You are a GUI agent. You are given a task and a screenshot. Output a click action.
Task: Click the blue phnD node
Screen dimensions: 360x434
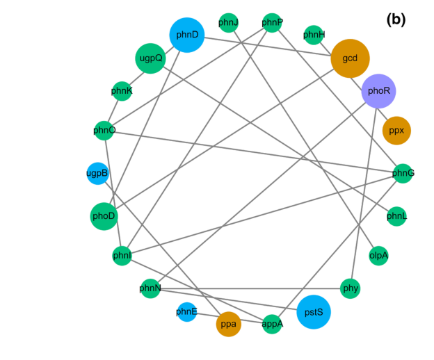point(186,35)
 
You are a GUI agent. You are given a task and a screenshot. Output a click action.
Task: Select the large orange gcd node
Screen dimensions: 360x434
point(350,58)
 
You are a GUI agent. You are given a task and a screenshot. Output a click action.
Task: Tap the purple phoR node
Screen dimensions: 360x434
point(378,91)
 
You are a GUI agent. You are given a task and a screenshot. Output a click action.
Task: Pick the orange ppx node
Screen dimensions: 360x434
point(396,130)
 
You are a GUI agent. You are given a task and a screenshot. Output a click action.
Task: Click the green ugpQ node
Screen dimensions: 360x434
point(150,58)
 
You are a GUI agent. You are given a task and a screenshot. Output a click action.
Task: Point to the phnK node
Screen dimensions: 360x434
point(122,91)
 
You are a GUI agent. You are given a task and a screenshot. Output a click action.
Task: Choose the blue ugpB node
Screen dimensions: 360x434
point(97,172)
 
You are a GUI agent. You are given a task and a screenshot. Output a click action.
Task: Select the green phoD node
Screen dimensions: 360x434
point(104,216)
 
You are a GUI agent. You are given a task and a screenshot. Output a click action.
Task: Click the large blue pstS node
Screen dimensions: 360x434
point(314,312)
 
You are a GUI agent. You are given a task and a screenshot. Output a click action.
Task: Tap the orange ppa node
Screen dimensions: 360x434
point(228,324)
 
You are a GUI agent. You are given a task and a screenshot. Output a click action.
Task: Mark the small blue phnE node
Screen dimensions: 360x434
point(186,312)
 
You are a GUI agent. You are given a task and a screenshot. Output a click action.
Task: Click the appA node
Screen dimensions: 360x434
point(272,324)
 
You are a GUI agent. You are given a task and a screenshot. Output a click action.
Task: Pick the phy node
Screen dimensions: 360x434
point(351,288)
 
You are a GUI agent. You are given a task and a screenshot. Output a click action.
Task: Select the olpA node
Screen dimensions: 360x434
point(378,255)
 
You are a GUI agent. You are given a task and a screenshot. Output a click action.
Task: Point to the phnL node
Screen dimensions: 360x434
point(396,216)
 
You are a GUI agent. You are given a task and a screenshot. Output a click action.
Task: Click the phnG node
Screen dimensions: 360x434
point(403,172)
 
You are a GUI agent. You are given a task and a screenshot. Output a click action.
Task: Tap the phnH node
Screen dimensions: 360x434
point(314,35)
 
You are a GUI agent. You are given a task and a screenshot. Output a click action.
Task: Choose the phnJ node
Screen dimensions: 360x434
point(228,23)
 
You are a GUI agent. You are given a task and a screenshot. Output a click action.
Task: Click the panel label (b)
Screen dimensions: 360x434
point(396,20)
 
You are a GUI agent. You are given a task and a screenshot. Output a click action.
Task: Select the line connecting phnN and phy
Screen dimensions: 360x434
point(250,288)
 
